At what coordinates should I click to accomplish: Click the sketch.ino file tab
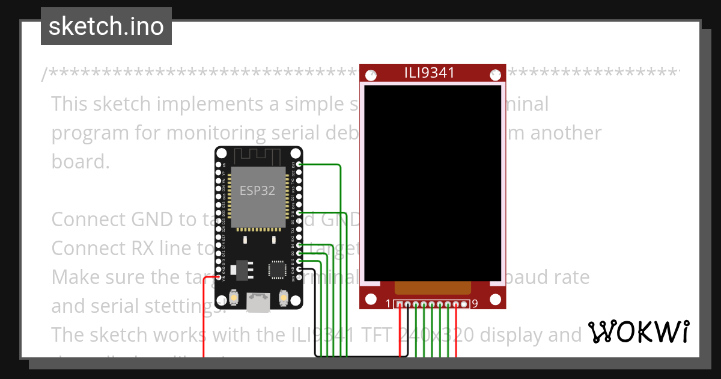click(x=106, y=26)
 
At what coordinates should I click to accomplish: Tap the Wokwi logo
click(x=638, y=331)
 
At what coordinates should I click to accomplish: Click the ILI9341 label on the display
click(x=430, y=73)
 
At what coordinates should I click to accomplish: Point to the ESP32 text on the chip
click(x=257, y=191)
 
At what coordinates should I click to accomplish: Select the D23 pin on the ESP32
click(x=299, y=164)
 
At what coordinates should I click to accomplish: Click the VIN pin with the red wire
click(x=218, y=278)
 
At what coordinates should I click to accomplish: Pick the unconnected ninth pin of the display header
click(x=464, y=304)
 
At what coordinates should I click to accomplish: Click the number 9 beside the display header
click(x=475, y=304)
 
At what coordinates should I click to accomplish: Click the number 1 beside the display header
click(x=388, y=304)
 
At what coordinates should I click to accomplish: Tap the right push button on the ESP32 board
click(x=284, y=297)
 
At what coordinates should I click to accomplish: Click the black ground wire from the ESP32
click(x=360, y=356)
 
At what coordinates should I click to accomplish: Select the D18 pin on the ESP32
click(x=299, y=212)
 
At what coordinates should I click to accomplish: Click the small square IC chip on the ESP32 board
click(x=277, y=268)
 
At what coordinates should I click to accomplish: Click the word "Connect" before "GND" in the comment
click(x=90, y=218)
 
